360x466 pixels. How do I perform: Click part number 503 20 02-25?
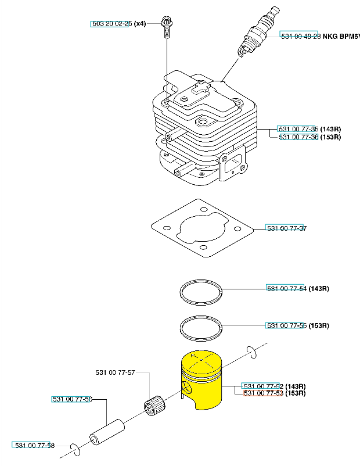110,24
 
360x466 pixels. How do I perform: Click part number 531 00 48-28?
299,35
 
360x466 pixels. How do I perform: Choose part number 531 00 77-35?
298,128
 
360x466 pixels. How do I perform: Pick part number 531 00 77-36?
298,137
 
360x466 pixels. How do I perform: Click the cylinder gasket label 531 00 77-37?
286,228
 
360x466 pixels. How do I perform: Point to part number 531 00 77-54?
286,288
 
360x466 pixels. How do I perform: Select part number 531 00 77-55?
286,325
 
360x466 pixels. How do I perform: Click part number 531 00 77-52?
262,386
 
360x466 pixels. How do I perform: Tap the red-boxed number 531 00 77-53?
263,393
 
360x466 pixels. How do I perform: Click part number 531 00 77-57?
115,372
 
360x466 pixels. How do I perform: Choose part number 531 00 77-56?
72,399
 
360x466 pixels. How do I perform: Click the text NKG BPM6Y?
340,35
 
